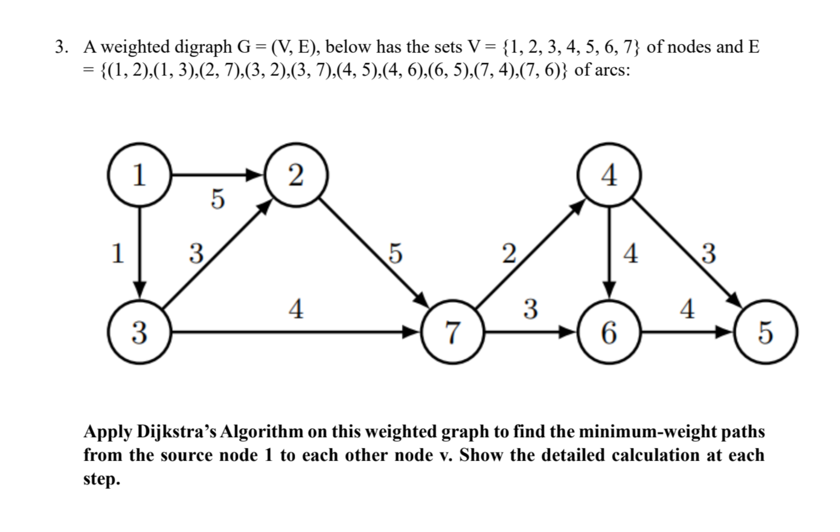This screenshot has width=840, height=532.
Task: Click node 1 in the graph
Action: [x=139, y=175]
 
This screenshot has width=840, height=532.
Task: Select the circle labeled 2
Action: [x=296, y=175]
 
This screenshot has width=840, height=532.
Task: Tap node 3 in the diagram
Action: [x=139, y=332]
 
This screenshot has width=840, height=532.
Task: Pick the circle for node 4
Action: [x=609, y=175]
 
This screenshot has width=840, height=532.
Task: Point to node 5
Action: [x=765, y=332]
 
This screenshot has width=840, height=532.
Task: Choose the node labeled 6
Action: [x=609, y=332]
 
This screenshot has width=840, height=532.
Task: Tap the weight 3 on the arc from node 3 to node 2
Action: [x=194, y=253]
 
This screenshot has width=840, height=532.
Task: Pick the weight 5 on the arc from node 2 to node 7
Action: [x=394, y=254]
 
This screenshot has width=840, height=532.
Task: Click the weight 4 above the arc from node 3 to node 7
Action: [x=296, y=309]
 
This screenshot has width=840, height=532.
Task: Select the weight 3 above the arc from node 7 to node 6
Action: [x=530, y=309]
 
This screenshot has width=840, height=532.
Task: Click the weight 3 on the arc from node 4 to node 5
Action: [x=708, y=254]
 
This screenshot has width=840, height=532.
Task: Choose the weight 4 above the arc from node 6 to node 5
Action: [x=686, y=309]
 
